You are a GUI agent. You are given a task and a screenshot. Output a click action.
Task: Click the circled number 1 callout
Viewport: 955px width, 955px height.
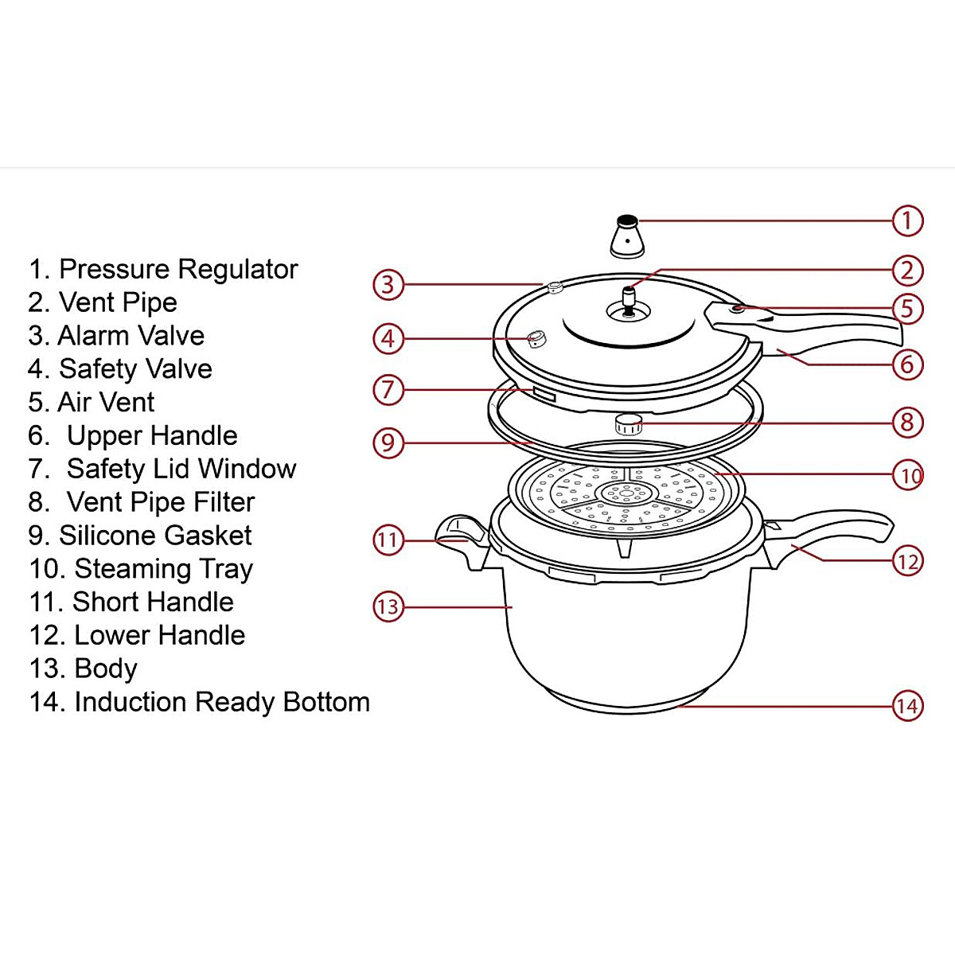(907, 220)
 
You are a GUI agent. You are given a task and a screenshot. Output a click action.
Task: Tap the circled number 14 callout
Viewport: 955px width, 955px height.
(907, 706)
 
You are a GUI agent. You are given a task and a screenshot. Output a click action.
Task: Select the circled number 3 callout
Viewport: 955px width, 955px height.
(388, 284)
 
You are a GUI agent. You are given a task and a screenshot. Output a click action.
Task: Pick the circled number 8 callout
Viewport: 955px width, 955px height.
(907, 422)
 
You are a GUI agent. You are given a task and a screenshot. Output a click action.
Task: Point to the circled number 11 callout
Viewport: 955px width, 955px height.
(388, 540)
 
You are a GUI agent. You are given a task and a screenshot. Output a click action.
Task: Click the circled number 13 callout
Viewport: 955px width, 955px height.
(388, 606)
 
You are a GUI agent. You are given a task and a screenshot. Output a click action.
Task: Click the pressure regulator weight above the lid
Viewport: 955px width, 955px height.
(627, 238)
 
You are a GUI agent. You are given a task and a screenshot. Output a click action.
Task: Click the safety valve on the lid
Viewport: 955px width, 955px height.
(537, 340)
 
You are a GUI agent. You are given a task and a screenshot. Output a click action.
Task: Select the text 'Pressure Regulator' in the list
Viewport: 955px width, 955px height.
(177, 269)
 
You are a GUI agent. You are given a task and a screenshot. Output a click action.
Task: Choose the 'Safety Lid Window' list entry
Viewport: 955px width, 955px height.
(181, 469)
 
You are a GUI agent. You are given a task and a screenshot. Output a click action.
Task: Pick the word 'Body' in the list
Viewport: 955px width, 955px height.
(105, 668)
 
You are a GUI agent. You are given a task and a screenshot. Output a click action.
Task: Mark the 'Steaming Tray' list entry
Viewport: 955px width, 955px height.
(163, 569)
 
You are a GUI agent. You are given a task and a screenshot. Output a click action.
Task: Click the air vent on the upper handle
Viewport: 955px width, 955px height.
(739, 308)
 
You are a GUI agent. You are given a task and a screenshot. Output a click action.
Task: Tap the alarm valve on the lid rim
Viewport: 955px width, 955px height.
(555, 287)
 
